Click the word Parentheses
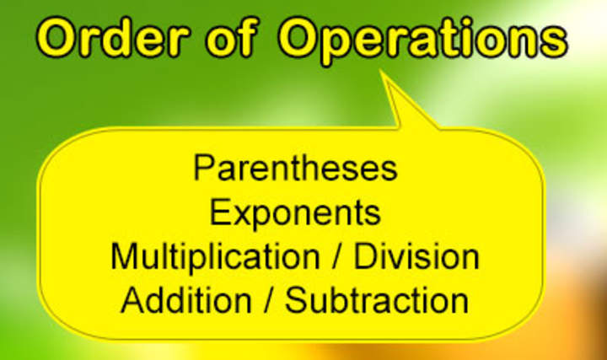coord(295,169)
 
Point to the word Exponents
coord(295,213)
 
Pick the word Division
coord(416,256)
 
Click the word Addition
coord(185,300)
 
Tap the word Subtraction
coord(377,300)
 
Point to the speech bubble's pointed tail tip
coord(382,73)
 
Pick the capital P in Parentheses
coord(202,168)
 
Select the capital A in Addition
coord(132,300)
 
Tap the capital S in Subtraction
coord(297,300)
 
